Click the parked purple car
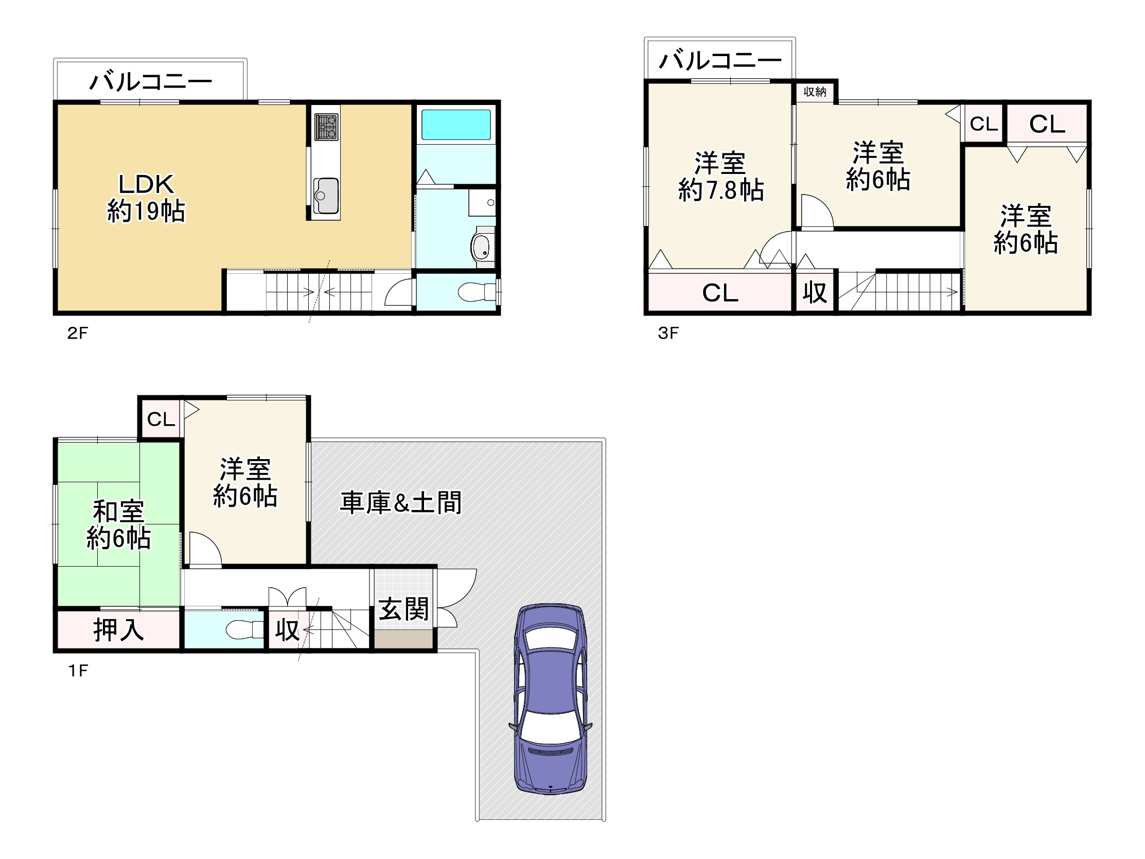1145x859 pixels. [x=551, y=698]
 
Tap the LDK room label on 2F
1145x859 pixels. [x=147, y=197]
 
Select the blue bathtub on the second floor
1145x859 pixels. [x=455, y=124]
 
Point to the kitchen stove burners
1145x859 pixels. [x=326, y=127]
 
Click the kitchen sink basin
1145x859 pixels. [x=326, y=195]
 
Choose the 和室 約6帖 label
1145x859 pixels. [x=118, y=524]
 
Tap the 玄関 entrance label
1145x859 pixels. [x=404, y=609]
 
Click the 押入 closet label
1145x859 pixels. [x=118, y=630]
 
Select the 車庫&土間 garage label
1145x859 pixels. [x=400, y=503]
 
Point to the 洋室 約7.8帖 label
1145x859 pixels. [x=720, y=177]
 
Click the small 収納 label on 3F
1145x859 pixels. [x=815, y=92]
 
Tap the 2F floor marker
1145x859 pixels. [x=78, y=333]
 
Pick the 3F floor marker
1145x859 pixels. [x=668, y=333]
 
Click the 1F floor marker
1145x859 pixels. [x=78, y=671]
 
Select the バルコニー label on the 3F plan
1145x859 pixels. [x=719, y=61]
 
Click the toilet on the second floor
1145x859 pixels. [x=476, y=291]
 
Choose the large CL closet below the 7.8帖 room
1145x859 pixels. [x=720, y=293]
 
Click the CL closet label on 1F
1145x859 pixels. [x=161, y=419]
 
